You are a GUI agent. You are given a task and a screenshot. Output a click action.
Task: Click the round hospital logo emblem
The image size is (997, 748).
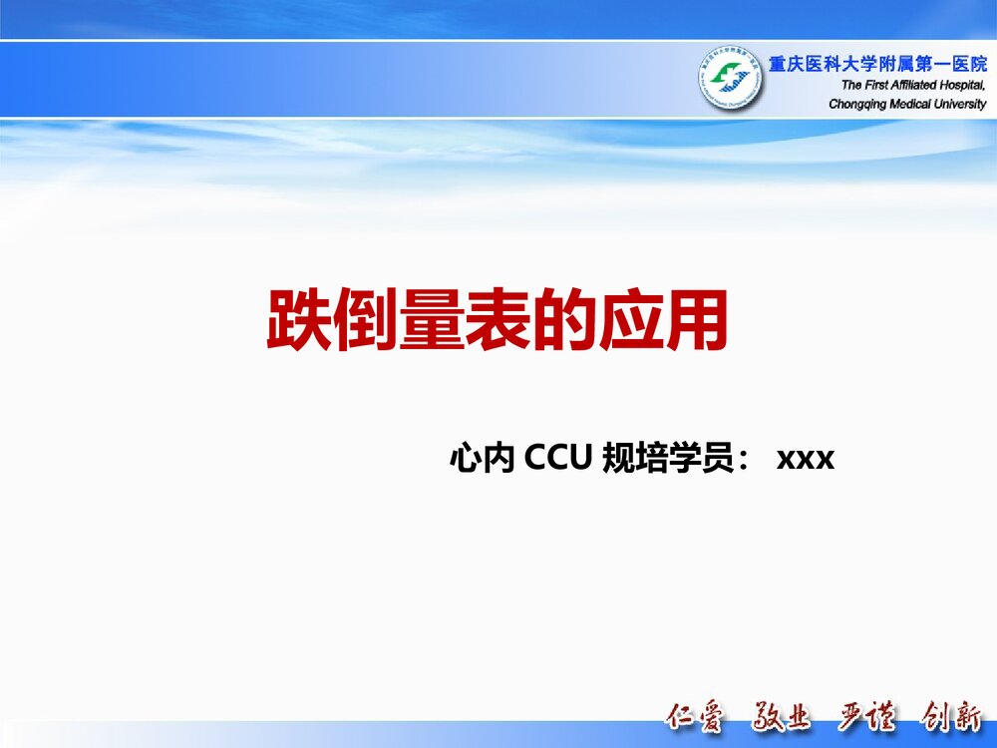(729, 79)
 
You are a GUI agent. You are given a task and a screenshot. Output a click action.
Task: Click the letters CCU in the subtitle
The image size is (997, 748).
(559, 459)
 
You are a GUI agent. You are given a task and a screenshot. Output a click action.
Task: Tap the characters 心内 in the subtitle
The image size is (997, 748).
(483, 459)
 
